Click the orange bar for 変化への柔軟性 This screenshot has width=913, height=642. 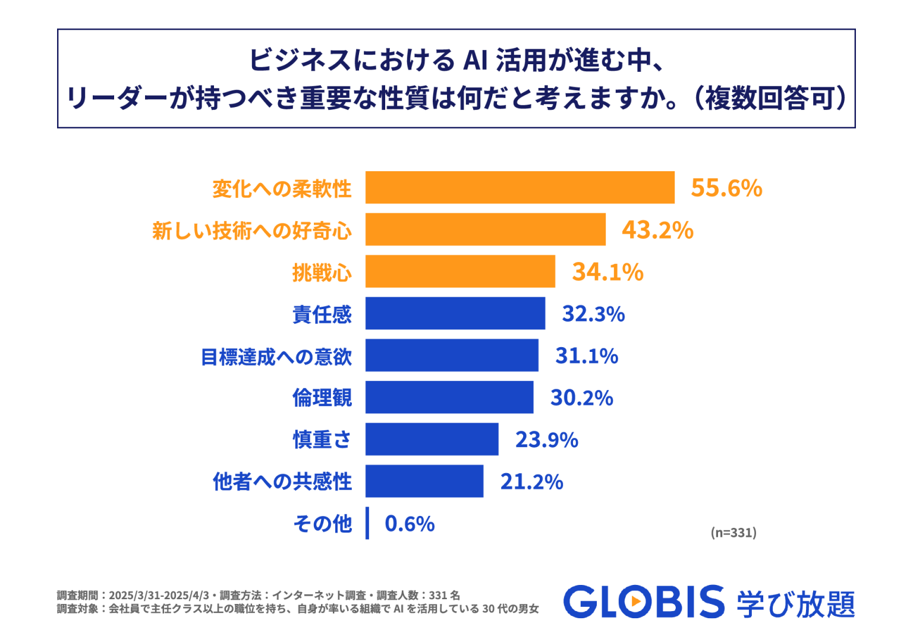tap(520, 188)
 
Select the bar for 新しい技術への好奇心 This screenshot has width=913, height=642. tap(485, 229)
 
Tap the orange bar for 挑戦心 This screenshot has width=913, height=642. tap(460, 272)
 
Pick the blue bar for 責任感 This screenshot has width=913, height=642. tap(455, 313)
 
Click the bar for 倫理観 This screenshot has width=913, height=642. tap(449, 397)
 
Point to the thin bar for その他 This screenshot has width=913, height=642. tap(367, 523)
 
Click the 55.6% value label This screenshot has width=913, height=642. tap(726, 188)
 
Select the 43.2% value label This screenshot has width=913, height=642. tap(657, 230)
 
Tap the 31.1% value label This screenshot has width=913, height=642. tap(587, 355)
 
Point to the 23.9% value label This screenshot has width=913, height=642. tap(546, 440)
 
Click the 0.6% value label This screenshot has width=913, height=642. tap(410, 524)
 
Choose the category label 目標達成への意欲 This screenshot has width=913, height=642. tap(276, 357)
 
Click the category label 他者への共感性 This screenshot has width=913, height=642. tap(282, 481)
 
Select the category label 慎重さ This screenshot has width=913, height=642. tap(322, 440)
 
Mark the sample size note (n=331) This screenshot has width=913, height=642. tap(733, 533)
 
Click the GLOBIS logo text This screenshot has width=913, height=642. tap(644, 602)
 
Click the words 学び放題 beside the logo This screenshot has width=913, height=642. tap(795, 604)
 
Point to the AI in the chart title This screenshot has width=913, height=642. tap(475, 61)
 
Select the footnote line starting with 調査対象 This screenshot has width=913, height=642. tap(298, 609)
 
